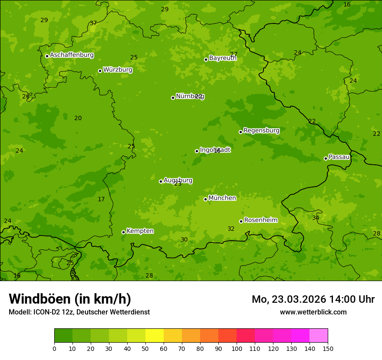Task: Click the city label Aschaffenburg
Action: pyautogui.click(x=72, y=55)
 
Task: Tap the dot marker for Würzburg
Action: pyautogui.click(x=100, y=71)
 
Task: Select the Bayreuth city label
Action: pyautogui.click(x=223, y=58)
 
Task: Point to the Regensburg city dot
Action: pyautogui.click(x=240, y=132)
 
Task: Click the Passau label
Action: pyautogui.click(x=339, y=157)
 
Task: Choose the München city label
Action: pyautogui.click(x=222, y=198)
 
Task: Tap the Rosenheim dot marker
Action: pyautogui.click(x=241, y=222)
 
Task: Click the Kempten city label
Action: pyautogui.click(x=140, y=231)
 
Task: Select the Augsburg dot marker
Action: pyautogui.click(x=161, y=181)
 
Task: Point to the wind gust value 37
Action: pyautogui.click(x=93, y=23)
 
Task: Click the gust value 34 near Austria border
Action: pyautogui.click(x=316, y=218)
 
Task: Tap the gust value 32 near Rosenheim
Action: pyautogui.click(x=231, y=229)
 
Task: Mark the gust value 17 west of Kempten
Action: pyautogui.click(x=101, y=200)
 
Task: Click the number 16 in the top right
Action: pyautogui.click(x=347, y=4)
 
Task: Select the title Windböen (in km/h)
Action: pyautogui.click(x=69, y=299)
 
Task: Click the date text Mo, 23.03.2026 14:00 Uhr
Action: pyautogui.click(x=313, y=299)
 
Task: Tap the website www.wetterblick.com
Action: pyautogui.click(x=313, y=312)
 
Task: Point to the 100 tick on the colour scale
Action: pyautogui.click(x=237, y=348)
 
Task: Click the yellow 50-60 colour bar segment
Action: pyautogui.click(x=155, y=336)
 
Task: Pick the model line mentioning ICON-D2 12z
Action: pyautogui.click(x=79, y=312)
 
